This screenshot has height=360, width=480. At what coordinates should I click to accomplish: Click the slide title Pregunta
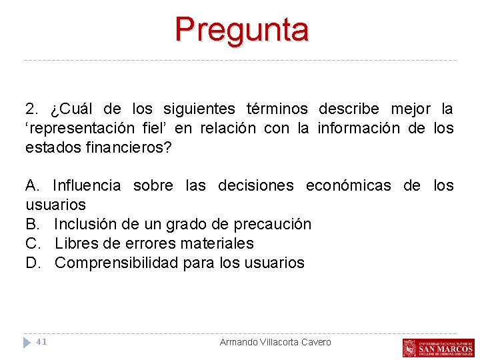pyautogui.click(x=242, y=29)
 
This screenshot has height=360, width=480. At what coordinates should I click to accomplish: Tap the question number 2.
pyautogui.click(x=30, y=109)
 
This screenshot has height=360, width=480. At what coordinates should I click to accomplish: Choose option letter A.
pyautogui.click(x=31, y=185)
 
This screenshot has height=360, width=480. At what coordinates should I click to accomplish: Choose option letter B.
pyautogui.click(x=31, y=224)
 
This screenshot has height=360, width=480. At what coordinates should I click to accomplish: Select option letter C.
pyautogui.click(x=31, y=243)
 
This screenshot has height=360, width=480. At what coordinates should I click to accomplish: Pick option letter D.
pyautogui.click(x=31, y=263)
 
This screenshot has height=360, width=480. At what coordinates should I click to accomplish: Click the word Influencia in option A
pyautogui.click(x=87, y=185)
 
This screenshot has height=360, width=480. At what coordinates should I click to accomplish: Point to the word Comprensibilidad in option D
pyautogui.click(x=115, y=263)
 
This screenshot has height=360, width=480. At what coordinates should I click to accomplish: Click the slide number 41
pyautogui.click(x=41, y=342)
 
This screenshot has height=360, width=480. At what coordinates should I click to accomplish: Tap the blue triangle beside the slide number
pyautogui.click(x=27, y=342)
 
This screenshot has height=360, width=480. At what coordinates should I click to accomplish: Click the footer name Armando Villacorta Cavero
pyautogui.click(x=275, y=342)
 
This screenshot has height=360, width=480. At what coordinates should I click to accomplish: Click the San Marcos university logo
pyautogui.click(x=438, y=347)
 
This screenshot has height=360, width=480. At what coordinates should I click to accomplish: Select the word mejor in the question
pyautogui.click(x=411, y=109)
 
